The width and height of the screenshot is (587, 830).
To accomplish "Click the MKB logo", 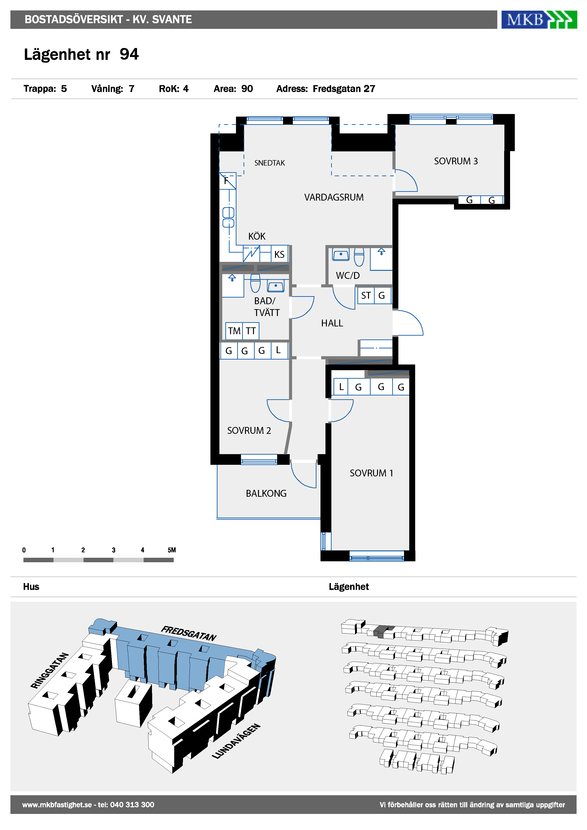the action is [539, 20].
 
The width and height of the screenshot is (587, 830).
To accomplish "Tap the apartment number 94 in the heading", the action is [129, 54].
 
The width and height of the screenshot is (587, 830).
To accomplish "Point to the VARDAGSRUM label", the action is [334, 197].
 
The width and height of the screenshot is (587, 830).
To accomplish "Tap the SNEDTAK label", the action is [269, 163].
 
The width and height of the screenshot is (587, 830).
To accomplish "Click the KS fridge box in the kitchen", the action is [280, 254].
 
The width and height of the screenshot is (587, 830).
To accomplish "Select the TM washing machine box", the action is [234, 331].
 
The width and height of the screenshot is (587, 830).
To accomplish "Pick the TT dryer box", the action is [251, 331].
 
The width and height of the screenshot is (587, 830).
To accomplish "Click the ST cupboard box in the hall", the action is [366, 295].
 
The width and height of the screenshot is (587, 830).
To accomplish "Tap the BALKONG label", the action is [266, 493].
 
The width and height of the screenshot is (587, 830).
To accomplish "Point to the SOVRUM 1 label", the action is [371, 473].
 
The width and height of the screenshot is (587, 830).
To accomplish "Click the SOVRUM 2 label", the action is [249, 430].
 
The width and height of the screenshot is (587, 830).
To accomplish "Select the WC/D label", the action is [347, 276].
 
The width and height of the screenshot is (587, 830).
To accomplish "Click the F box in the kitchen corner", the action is [227, 181].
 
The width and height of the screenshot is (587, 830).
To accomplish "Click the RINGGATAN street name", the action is [49, 671].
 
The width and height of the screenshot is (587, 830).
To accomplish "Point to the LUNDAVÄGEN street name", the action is [236, 741].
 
